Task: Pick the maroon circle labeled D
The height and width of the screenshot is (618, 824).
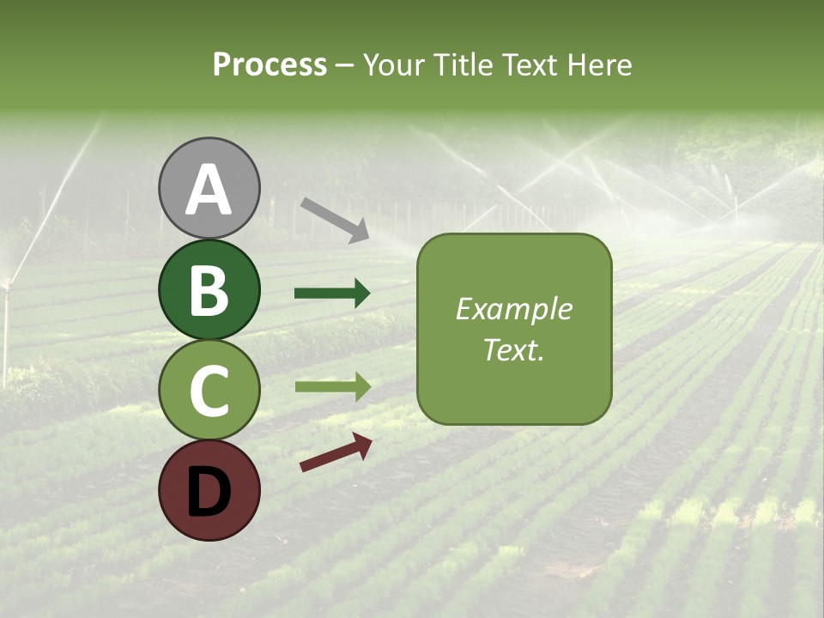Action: coord(209,490)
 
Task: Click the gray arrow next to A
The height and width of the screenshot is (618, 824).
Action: coord(335,220)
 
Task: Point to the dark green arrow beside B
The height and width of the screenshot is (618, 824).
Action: coord(332,294)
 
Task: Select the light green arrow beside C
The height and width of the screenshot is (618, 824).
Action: coord(332,387)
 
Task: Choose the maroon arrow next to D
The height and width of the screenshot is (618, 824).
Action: coord(336,451)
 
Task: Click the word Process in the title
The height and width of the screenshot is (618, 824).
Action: coord(270,65)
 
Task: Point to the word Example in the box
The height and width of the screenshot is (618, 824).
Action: coord(513,309)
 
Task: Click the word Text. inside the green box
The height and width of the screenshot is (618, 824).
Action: coord(513,350)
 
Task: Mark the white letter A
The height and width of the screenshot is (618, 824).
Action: coord(209,189)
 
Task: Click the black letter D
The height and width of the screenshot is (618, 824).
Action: coord(209,491)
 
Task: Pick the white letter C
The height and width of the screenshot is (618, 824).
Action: coord(209,390)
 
